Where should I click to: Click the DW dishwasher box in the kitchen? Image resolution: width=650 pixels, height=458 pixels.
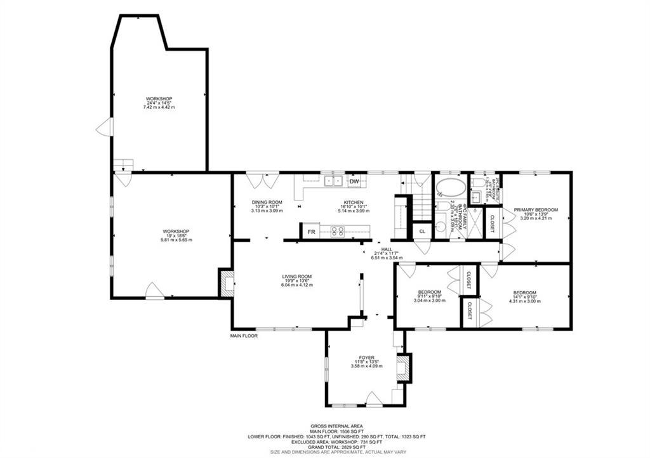[355, 182]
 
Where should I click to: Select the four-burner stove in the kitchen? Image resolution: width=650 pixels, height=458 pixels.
[337, 232]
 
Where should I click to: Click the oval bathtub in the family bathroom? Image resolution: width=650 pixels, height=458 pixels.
[449, 188]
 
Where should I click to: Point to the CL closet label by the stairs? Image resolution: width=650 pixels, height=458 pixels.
[422, 232]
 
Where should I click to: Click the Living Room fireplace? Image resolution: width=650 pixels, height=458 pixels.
[226, 282]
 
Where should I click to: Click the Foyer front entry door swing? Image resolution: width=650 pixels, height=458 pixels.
[374, 399]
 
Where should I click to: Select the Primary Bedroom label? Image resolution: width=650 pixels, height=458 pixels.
[536, 210]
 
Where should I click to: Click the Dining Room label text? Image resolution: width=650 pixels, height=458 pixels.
[267, 202]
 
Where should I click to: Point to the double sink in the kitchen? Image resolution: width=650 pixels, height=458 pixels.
[334, 181]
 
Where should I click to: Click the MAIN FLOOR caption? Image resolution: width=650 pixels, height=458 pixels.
[244, 336]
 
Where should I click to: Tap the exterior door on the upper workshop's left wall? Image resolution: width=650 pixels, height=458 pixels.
[103, 128]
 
